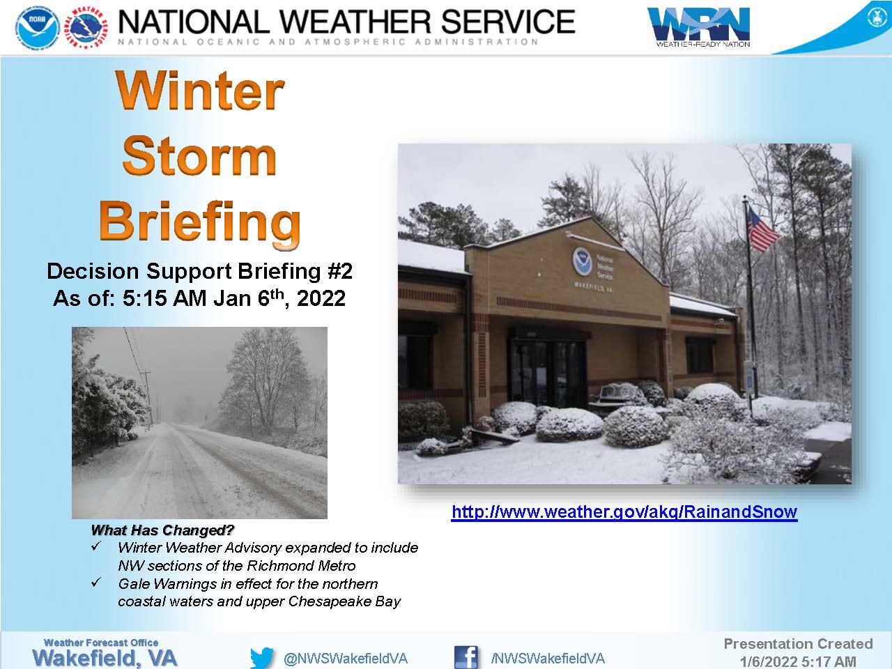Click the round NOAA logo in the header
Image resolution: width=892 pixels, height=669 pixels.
(38, 26)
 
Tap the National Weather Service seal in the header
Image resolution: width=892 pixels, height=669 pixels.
(86, 26)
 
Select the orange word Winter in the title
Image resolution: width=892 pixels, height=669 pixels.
(199, 90)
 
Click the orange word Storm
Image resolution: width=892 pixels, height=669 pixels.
(199, 156)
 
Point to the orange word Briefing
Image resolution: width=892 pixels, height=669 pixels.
(199, 222)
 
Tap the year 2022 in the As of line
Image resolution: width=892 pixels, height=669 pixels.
(321, 298)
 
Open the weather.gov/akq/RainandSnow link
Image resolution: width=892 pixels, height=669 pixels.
(624, 512)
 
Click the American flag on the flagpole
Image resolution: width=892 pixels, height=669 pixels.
(762, 229)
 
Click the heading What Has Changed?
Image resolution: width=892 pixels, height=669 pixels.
(162, 530)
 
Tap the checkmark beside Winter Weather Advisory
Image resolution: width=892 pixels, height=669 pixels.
(96, 546)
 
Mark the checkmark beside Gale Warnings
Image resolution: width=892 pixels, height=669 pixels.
(96, 583)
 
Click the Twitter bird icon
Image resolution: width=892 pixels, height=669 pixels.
(262, 658)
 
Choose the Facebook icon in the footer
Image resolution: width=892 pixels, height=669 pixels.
(466, 657)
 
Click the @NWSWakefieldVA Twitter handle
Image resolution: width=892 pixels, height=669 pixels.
(346, 659)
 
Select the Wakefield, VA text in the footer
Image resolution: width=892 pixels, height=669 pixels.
(105, 658)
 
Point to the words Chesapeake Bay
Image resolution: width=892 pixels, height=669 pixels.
(345, 601)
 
